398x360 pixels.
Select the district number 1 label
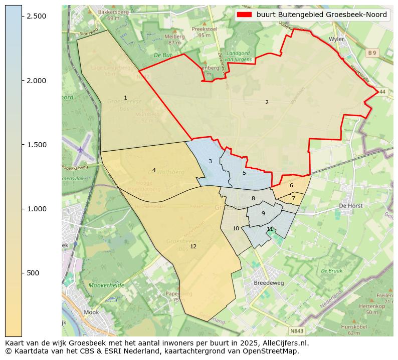click(125, 98)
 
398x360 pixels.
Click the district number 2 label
click(267, 102)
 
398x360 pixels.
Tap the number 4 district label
click(154, 170)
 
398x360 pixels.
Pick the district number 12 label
click(193, 246)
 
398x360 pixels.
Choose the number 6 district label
click(291, 185)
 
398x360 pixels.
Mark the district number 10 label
click(236, 228)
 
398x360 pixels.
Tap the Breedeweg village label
click(269, 282)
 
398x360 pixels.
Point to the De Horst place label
click(350, 205)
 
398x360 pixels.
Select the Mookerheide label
click(106, 285)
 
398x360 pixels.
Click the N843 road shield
click(297, 331)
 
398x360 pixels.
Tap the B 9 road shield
click(371, 53)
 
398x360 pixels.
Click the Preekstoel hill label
click(204, 29)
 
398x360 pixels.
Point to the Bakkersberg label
click(113, 12)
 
